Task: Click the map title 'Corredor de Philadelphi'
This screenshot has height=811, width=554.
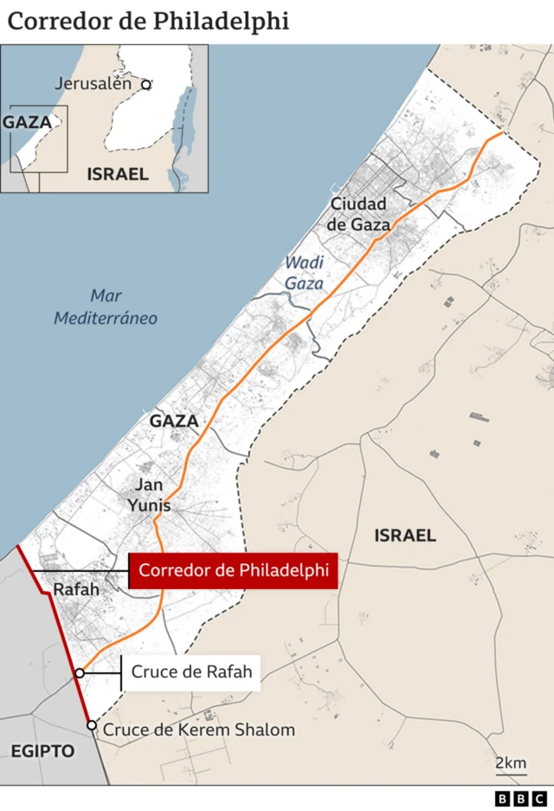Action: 148,22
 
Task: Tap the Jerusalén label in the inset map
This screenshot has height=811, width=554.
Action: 93,84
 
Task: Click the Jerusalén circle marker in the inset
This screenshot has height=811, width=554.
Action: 146,84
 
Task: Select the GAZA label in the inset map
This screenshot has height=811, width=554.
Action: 27,122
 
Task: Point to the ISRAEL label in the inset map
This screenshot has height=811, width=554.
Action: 118,174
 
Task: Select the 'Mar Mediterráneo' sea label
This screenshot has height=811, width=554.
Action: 106,308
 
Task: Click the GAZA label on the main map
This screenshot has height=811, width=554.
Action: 174,421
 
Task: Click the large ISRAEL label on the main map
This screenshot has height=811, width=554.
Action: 405,535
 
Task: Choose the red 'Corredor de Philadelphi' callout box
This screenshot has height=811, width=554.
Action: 233,571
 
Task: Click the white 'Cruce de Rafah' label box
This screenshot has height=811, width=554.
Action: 190,672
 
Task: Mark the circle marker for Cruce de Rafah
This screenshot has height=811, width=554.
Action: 80,672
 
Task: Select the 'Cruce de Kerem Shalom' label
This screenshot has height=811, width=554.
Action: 199,730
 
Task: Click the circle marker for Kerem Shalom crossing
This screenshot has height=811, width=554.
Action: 92,725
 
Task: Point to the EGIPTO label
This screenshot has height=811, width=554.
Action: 42,751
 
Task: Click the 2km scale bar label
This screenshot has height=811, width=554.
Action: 511,763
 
